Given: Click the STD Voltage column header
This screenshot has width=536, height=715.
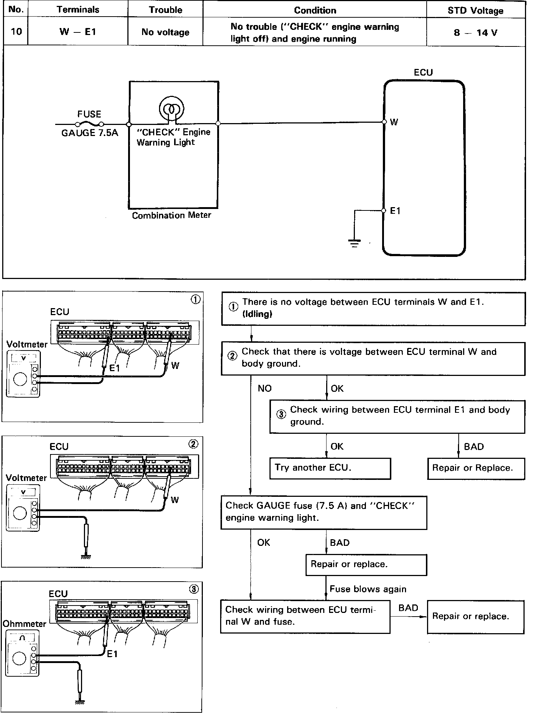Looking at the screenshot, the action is point(475,11).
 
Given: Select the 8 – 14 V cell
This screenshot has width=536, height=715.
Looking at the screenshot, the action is point(475,32).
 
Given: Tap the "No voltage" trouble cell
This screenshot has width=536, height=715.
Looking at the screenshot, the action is point(165,32).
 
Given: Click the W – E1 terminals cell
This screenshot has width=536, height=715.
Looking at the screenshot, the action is point(78,32).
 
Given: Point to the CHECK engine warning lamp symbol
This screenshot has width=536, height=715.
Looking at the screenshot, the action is point(171,109).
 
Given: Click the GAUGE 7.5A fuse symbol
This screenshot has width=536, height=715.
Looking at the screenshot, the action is point(89,124).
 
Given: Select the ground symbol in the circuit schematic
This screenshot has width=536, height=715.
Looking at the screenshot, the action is point(354,243).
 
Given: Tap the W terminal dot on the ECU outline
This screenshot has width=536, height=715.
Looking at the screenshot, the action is point(384,122).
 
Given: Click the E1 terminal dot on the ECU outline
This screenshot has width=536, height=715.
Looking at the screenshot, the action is point(384,210).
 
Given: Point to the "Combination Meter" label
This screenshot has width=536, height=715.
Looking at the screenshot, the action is point(172,215).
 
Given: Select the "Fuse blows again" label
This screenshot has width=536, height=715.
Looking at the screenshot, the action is point(368,589).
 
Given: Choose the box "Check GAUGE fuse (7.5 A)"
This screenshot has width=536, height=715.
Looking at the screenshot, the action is point(324,513).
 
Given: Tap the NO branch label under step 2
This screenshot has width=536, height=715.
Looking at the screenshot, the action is point(264,388).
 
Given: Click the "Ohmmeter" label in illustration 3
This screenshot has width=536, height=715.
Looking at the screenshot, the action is point(25,624).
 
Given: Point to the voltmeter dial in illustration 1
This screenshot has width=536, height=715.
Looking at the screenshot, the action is point(20,379).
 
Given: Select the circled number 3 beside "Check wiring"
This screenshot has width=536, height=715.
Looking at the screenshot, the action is point(281,414).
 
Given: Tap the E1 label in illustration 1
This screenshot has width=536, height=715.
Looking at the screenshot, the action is point(114,368).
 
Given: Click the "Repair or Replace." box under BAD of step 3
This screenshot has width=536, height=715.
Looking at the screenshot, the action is point(476,468).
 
